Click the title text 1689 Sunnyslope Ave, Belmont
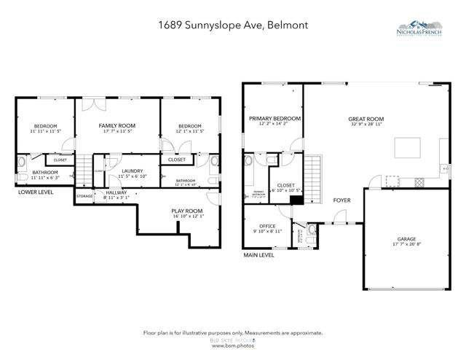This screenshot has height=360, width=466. pyautogui.click(x=232, y=25)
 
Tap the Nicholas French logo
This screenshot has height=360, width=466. pyautogui.click(x=428, y=30)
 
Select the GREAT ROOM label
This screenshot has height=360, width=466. pyautogui.click(x=366, y=119)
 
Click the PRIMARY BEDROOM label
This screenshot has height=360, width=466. pyautogui.click(x=275, y=118)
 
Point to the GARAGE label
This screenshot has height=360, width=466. pyautogui.click(x=406, y=238)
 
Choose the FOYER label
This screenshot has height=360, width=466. pyautogui.click(x=342, y=200)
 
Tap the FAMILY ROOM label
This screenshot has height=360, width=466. pyautogui.click(x=117, y=126)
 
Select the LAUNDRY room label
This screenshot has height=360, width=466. pyautogui.click(x=132, y=171)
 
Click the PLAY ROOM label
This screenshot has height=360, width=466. pyautogui.click(x=187, y=211)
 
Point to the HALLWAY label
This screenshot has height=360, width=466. pyautogui.click(x=116, y=192)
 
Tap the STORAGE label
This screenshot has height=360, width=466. pyautogui.click(x=84, y=196)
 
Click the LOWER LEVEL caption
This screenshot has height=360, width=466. pyautogui.click(x=36, y=192)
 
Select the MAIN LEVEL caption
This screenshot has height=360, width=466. pyautogui.click(x=258, y=256)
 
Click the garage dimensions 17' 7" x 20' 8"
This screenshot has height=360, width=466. pyautogui.click(x=406, y=244)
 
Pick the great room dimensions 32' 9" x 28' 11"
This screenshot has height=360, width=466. pyautogui.click(x=366, y=125)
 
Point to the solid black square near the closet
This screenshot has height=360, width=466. pyautogui.click(x=296, y=200)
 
